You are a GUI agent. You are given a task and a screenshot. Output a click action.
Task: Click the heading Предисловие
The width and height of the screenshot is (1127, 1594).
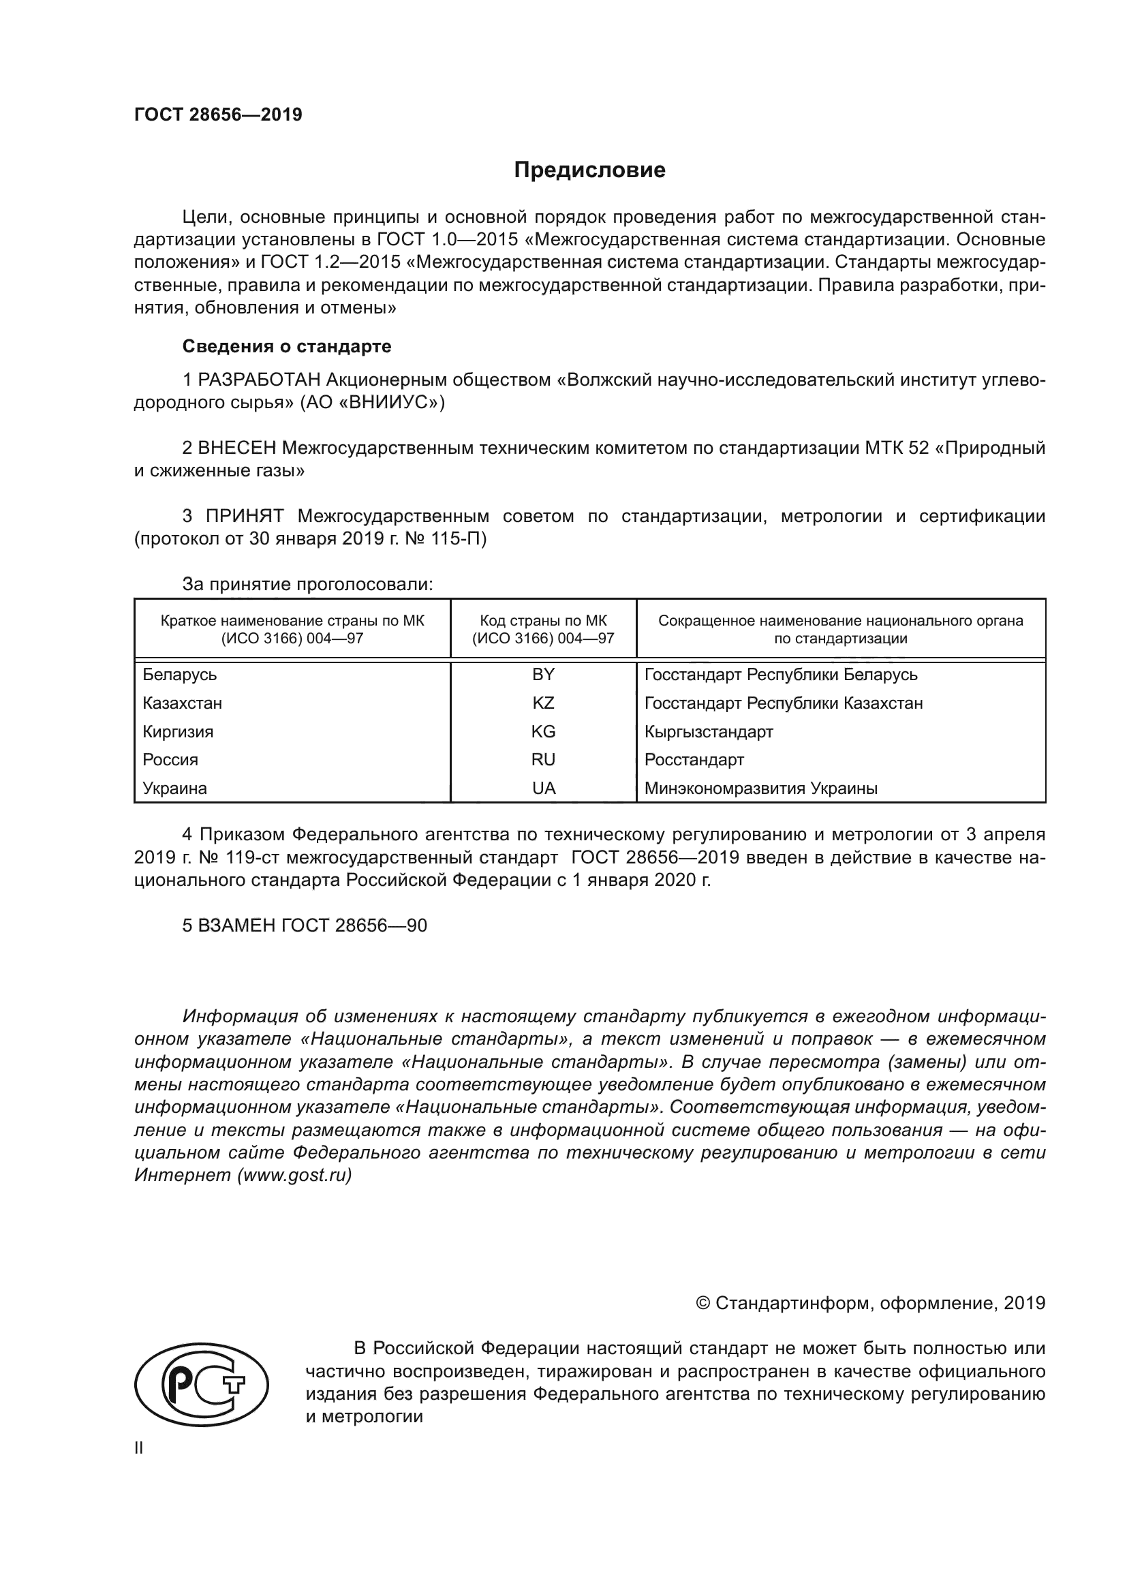tap(589, 170)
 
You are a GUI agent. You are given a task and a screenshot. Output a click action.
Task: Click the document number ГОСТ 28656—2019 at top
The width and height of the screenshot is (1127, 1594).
tap(218, 114)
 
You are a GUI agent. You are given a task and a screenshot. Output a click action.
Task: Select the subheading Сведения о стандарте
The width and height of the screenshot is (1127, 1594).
tap(287, 346)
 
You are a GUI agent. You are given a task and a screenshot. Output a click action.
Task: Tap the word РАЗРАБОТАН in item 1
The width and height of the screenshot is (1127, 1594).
tap(259, 380)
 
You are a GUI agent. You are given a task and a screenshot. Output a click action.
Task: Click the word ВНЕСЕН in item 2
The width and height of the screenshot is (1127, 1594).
tap(237, 448)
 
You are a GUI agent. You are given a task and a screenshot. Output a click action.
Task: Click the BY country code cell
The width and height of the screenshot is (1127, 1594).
tap(543, 674)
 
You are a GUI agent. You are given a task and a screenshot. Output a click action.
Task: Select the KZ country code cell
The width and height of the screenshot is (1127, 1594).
tap(543, 703)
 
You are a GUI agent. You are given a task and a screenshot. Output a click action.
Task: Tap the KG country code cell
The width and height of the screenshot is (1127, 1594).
tap(543, 731)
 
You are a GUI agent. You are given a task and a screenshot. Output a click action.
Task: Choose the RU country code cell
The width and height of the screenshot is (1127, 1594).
tap(543, 759)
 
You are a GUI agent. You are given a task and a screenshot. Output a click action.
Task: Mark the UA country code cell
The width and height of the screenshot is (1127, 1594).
tap(543, 788)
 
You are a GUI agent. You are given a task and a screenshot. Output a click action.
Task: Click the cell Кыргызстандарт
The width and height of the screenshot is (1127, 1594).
tap(709, 731)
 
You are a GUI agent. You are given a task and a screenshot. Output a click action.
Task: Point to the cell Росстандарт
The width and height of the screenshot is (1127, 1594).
tap(694, 759)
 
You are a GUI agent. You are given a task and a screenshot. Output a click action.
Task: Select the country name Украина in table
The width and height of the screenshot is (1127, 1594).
tap(175, 788)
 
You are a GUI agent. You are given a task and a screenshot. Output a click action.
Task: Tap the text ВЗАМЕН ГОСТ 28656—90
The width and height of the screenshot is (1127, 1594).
tap(305, 925)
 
